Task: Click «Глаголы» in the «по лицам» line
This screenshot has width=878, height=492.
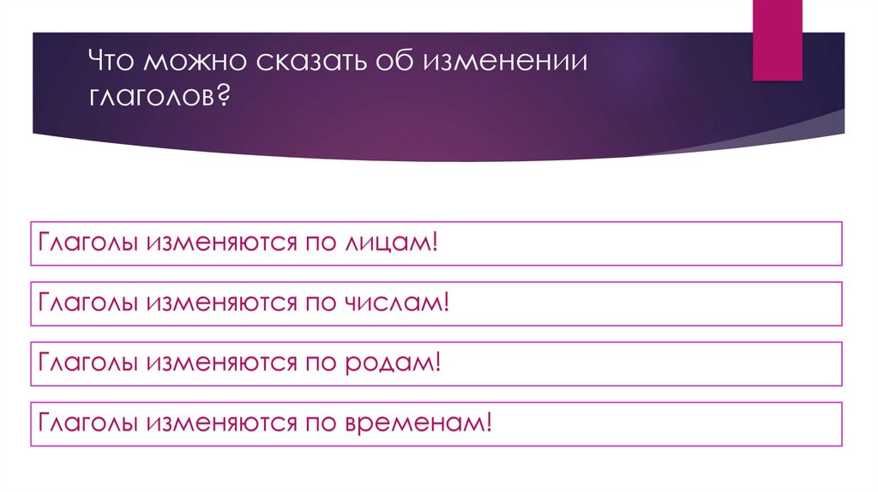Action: pyautogui.click(x=87, y=243)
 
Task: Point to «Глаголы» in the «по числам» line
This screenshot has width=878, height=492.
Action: pyautogui.click(x=87, y=303)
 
